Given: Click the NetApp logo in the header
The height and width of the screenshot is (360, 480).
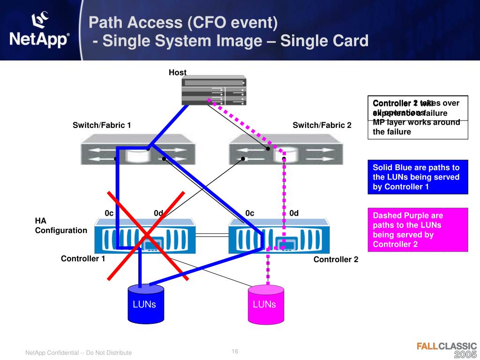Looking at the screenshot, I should click(39, 31).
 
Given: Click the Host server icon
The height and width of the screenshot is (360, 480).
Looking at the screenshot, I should click(213, 90).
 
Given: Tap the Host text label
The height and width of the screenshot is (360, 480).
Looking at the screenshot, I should click(178, 72).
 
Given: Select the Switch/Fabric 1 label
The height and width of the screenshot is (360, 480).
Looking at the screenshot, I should click(101, 125).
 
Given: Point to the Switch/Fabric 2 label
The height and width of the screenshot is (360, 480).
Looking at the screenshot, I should click(322, 125).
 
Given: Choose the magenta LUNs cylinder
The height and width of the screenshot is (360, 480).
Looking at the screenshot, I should click(264, 305).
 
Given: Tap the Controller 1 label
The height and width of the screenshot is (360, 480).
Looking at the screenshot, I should click(82, 259).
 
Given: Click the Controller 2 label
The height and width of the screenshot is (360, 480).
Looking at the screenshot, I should click(336, 259).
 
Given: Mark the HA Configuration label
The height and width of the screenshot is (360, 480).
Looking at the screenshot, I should click(61, 225).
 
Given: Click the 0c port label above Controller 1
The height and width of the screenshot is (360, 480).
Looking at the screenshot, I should click(109, 213).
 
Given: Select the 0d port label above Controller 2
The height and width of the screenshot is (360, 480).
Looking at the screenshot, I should click(294, 213).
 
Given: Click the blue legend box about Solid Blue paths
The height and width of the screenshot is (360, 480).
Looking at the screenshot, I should click(418, 177).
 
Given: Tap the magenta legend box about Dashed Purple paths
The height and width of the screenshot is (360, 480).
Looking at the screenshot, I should click(418, 230).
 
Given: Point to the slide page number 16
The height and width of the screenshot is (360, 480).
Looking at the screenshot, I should click(235, 352).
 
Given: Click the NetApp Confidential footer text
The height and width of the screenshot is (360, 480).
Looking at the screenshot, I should click(78, 352).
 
